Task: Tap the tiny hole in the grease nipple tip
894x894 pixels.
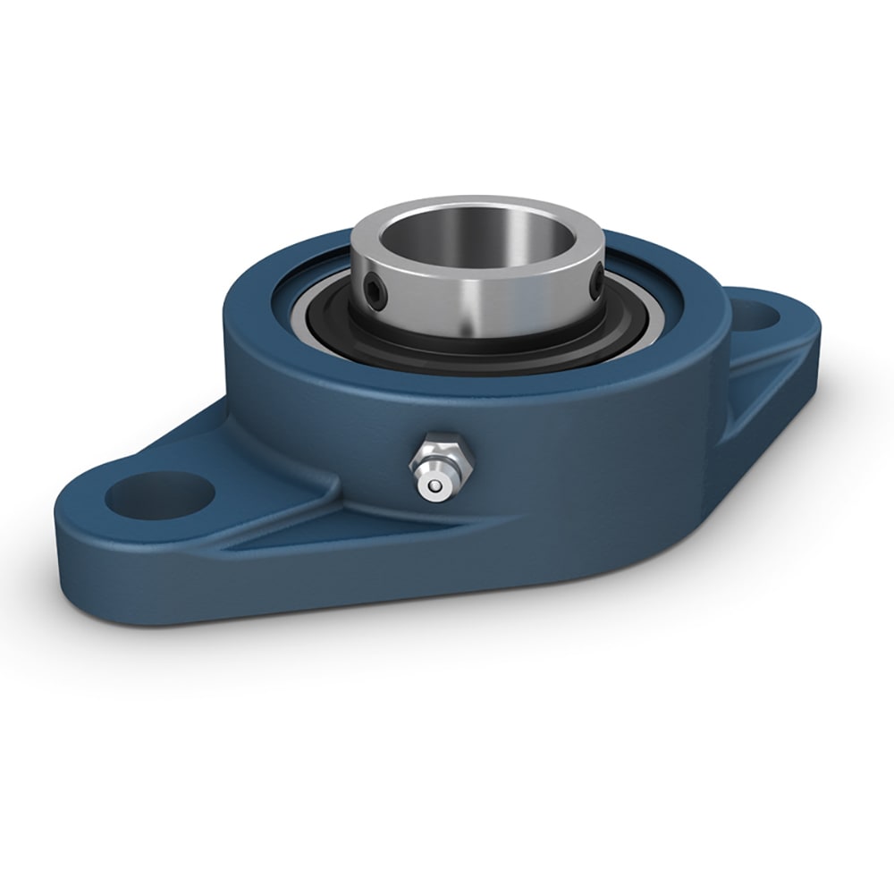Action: [434, 486]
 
